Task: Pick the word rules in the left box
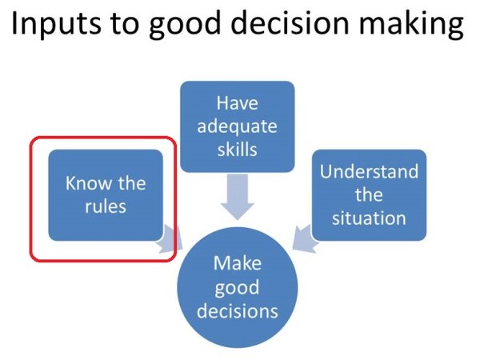106,206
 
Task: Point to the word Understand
369,172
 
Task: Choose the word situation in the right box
369,217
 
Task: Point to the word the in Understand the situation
369,194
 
